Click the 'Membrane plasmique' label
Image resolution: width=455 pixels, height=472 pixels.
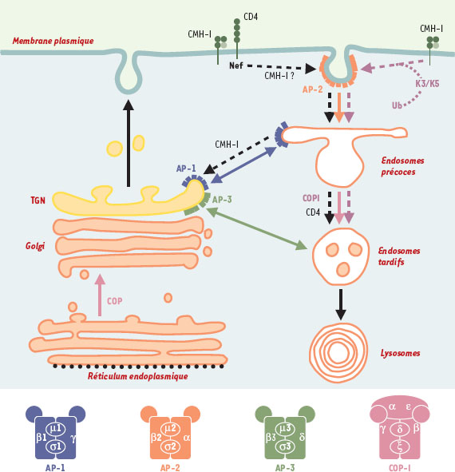pos(53,41)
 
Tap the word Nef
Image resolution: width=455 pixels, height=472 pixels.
pos(236,65)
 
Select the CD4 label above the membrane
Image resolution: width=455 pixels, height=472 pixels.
pos(251,17)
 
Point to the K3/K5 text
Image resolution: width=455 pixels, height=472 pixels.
pos(427,83)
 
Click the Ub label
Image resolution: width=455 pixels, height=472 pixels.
pos(397,105)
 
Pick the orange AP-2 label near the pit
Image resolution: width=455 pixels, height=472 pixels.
pos(313,89)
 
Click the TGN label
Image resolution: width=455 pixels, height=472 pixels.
pos(38,200)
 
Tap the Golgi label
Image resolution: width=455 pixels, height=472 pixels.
pos(35,246)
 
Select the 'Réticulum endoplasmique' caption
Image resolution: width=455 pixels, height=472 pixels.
pos(138,376)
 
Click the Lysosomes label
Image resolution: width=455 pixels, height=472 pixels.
pos(400,353)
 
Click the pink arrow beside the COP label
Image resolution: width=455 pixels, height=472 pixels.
pos(100,295)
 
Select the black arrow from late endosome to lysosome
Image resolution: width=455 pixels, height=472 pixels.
pos(341,304)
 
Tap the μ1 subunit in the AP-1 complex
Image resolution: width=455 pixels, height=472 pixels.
pos(56,428)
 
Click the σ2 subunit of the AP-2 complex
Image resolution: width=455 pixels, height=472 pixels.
pos(170,446)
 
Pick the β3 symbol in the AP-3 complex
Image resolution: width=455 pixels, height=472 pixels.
pos(271,437)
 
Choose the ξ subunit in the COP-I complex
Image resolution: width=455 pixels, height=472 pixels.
pos(400,446)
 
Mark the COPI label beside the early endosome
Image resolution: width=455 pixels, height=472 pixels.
pos(311,198)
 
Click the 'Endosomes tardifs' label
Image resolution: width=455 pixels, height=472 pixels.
pos(399,256)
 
